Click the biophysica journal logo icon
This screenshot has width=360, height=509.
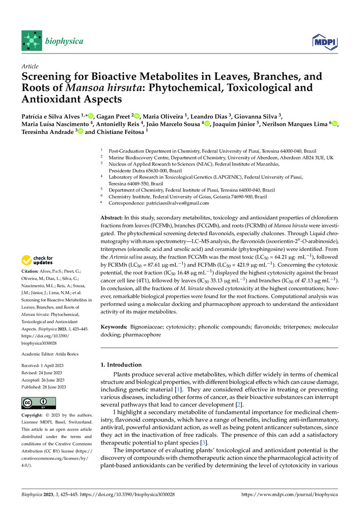(32, 40)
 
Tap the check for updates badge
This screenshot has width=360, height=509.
(37, 261)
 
